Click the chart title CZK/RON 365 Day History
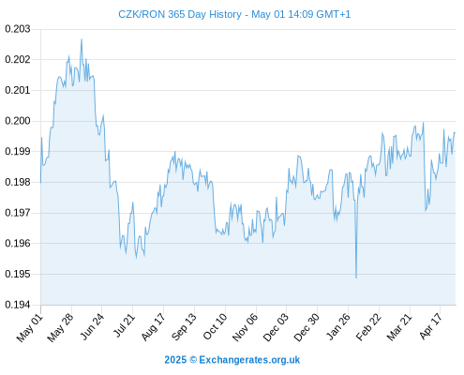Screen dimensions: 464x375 click(180, 14)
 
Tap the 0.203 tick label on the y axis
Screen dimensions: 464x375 click(18, 29)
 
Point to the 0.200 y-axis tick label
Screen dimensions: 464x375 click(18, 121)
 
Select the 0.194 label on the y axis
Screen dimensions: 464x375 click(18, 305)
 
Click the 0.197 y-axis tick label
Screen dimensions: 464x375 click(18, 213)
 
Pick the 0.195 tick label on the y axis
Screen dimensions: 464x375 click(18, 274)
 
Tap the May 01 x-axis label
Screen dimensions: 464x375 click(30, 328)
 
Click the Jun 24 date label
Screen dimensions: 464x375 click(92, 327)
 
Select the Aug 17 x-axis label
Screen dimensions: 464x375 click(153, 327)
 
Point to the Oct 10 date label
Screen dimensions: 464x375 click(215, 327)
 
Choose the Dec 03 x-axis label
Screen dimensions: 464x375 click(276, 328)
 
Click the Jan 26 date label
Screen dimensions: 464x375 click(337, 327)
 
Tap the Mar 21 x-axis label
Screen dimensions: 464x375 click(399, 327)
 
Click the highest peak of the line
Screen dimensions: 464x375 click(82, 39)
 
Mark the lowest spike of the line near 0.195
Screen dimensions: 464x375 click(356, 277)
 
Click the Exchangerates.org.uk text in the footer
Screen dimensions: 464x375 click(249, 360)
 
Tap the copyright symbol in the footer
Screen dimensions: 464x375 click(193, 360)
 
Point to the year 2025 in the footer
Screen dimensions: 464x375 click(175, 360)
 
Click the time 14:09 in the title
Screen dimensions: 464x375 click(300, 14)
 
